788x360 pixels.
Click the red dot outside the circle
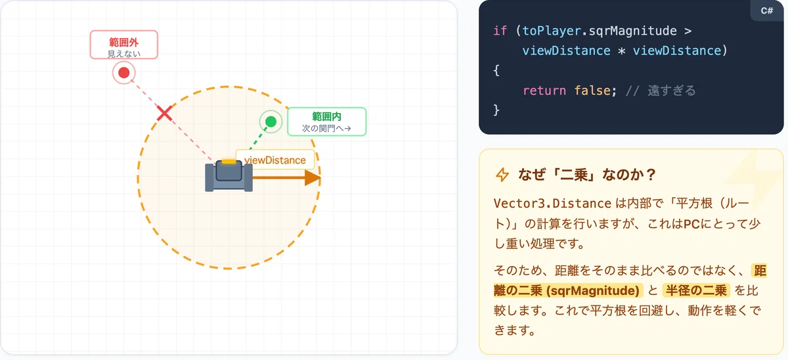point(124,73)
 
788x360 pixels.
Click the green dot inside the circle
point(271,122)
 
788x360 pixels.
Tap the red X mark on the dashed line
point(164,113)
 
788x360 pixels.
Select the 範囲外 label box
point(124,45)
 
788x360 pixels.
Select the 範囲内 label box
point(327,122)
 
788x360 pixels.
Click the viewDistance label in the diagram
point(274,160)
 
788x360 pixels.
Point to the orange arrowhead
point(313,177)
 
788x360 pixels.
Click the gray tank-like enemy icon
point(229,175)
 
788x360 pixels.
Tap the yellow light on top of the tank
point(229,162)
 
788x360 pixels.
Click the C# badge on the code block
point(767,11)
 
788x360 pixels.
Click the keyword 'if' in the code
point(500,31)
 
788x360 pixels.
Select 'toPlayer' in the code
point(552,31)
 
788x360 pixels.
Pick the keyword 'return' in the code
point(544,91)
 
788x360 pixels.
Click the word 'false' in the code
point(592,91)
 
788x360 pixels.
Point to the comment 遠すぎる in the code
point(672,91)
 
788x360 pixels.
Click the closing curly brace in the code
point(496,110)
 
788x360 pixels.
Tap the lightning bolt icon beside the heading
point(502,175)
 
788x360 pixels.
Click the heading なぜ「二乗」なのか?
point(587,175)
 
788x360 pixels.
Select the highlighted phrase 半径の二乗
point(696,290)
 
